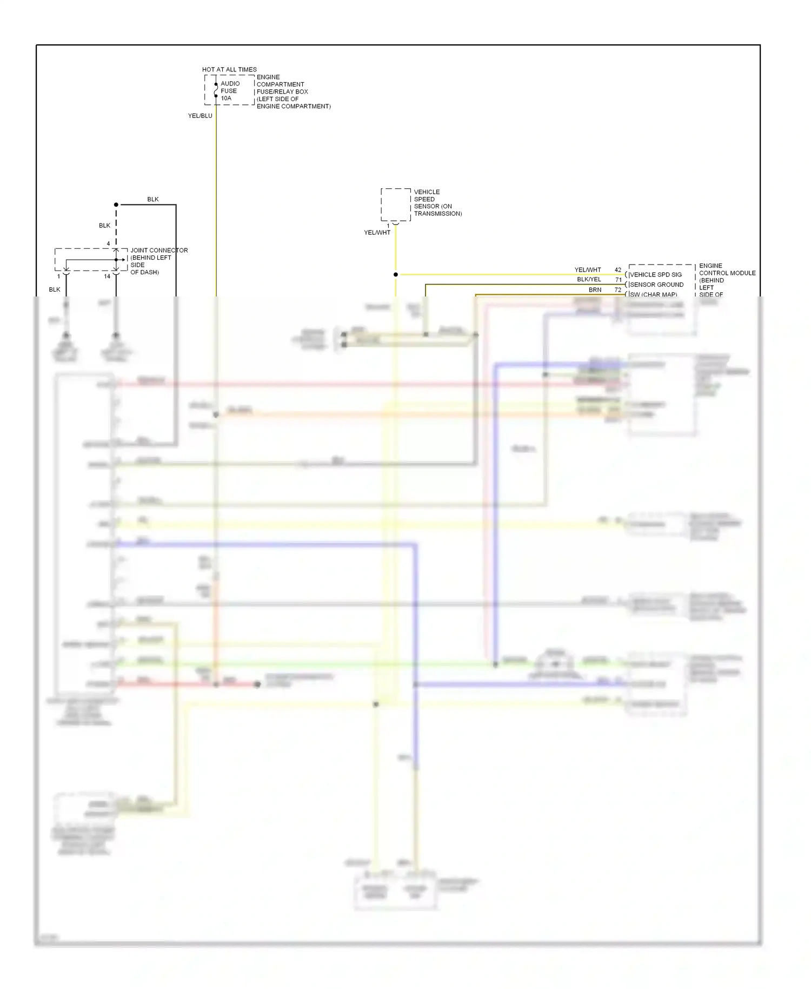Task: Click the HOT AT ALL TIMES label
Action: tap(229, 69)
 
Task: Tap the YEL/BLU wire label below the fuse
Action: tap(200, 116)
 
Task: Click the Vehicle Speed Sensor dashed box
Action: tap(395, 205)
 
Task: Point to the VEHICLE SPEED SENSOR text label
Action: tap(437, 203)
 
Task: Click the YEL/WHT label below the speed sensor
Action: tap(377, 233)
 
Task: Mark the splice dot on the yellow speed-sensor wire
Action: tap(396, 275)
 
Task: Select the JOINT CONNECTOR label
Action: tap(159, 250)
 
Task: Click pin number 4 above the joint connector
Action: tap(108, 243)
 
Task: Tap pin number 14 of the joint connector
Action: tap(107, 276)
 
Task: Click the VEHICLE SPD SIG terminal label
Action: tap(656, 275)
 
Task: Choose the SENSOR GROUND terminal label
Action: tap(656, 285)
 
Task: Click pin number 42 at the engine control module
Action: tap(617, 270)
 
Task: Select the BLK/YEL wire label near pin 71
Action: tap(589, 280)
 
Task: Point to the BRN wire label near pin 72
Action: tap(595, 290)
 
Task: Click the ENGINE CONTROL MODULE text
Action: tap(727, 269)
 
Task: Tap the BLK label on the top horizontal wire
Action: tap(153, 199)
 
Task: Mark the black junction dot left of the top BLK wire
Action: tap(116, 205)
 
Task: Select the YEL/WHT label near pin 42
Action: tap(587, 270)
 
